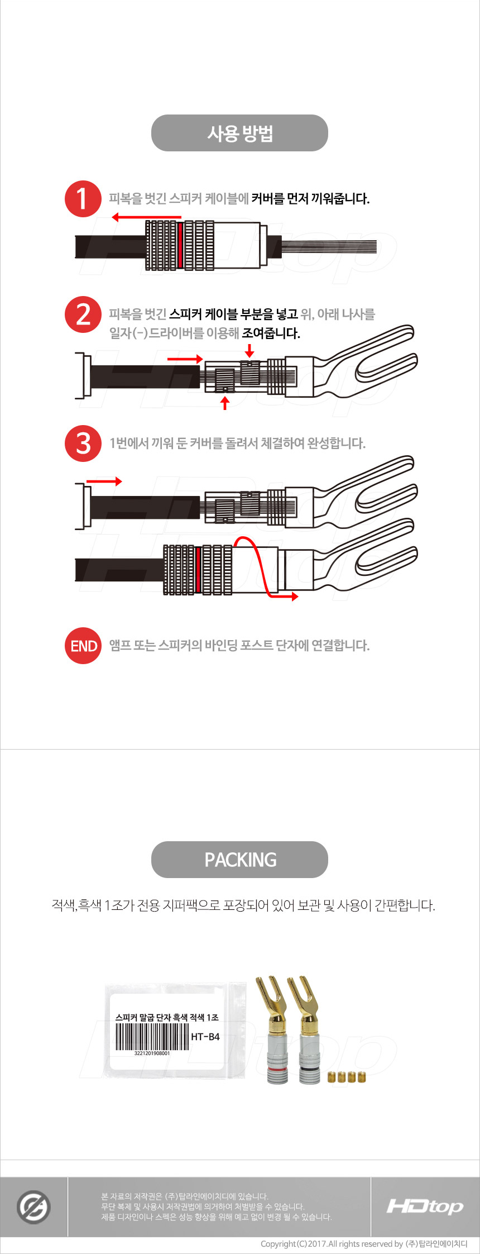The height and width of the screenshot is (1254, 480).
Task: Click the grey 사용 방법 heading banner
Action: coord(239,133)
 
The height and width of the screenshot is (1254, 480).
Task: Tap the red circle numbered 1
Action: coord(83,199)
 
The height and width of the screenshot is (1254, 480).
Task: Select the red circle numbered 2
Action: coord(83,314)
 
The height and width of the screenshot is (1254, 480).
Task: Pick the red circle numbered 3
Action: coord(83,444)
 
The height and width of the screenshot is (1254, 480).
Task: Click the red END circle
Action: coord(83,646)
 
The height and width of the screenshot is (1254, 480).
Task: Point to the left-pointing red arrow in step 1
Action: coord(146,217)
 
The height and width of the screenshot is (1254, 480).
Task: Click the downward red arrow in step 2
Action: coord(250,350)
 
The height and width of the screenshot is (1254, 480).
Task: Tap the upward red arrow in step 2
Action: coord(225,403)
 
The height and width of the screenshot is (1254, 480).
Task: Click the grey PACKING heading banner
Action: coord(239,860)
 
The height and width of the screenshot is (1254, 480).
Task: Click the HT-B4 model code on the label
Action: coord(205,1037)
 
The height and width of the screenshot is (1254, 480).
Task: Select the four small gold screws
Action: coord(346,1077)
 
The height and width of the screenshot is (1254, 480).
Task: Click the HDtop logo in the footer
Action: coord(425,1207)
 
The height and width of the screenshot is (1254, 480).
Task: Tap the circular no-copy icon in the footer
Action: coord(33,1207)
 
